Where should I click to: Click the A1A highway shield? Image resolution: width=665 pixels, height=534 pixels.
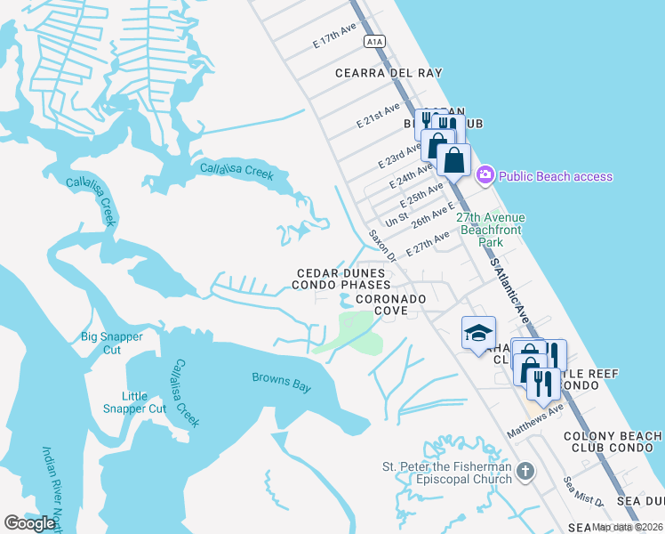[373, 41]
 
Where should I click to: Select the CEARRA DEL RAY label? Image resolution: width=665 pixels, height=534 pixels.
[389, 73]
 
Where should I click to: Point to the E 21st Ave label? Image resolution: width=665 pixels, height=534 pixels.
[378, 116]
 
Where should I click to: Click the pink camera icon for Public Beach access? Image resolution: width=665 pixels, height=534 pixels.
[485, 175]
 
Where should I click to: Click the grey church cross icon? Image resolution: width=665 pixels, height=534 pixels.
[525, 471]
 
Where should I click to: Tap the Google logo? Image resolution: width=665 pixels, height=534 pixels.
[30, 523]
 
